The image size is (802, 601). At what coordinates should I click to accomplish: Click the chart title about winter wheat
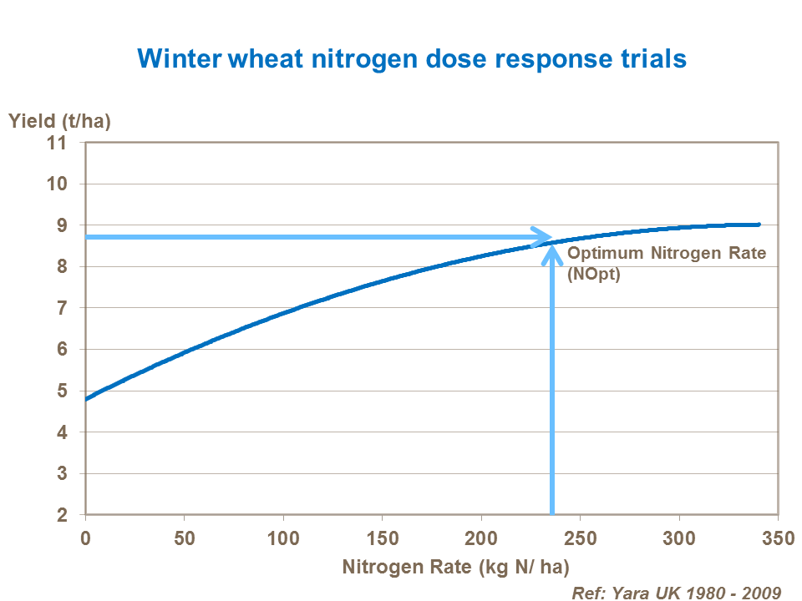pos(412,58)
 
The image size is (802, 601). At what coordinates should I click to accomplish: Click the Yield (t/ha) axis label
pos(59,120)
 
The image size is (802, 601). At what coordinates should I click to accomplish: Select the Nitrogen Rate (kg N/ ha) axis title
pos(455,568)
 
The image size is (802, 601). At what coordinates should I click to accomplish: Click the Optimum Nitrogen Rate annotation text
pos(666,254)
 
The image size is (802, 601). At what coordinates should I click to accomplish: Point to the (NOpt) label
pos(594,276)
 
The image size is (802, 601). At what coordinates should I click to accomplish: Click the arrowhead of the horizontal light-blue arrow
pos(542,237)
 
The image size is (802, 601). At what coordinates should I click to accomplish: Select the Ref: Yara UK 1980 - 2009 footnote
pos(676,592)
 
